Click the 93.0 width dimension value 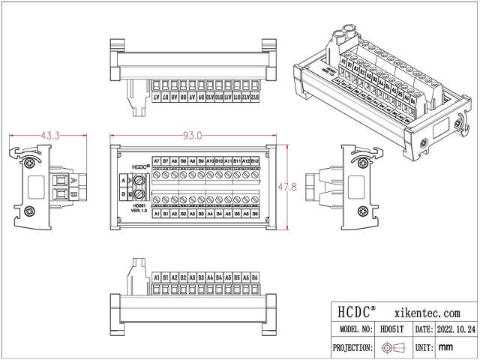193,136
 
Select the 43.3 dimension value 51,136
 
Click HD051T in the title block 391,329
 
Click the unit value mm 445,347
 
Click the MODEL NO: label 355,329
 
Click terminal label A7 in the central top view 156,160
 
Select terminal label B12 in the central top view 254,160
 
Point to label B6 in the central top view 254,214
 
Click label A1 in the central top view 156,214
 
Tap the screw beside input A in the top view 138,180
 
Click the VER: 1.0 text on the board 137,211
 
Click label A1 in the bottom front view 156,277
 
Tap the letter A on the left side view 70,181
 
